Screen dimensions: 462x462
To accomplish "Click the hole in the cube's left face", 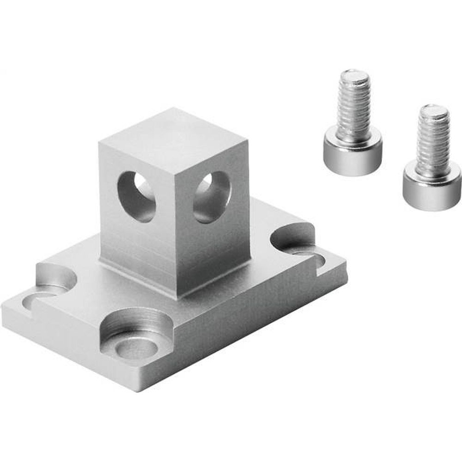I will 136,196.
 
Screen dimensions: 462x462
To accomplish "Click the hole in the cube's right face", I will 212,196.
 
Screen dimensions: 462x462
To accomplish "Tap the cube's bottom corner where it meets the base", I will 185,296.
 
